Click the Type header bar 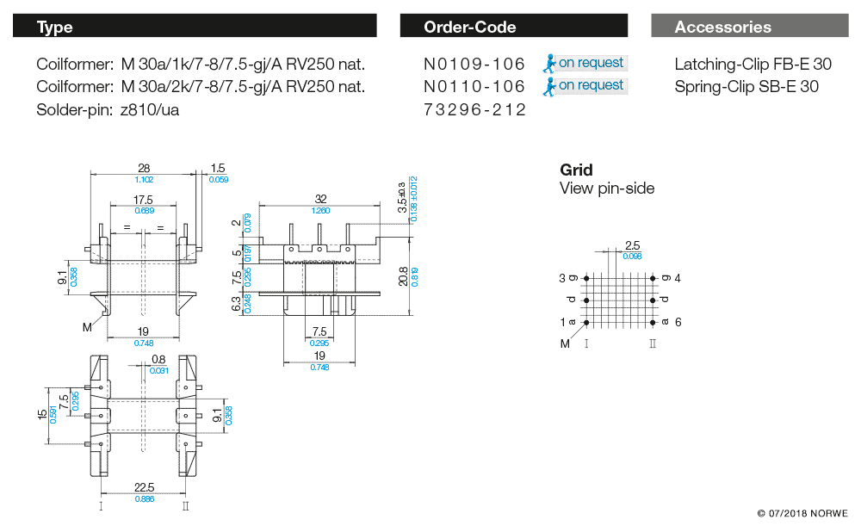click(195, 27)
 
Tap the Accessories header click(749, 27)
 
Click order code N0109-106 click(474, 64)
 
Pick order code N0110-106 click(474, 86)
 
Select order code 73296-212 click(474, 109)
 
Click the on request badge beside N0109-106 click(585, 63)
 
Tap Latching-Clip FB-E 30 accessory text click(753, 64)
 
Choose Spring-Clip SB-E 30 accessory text click(746, 86)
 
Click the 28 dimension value click(144, 168)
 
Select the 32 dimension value click(320, 199)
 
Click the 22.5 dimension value click(144, 486)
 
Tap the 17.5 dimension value click(144, 200)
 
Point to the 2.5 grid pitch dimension click(632, 246)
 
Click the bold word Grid click(576, 170)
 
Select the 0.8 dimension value click(158, 360)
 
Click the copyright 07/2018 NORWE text click(802, 514)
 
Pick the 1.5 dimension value click(218, 169)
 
